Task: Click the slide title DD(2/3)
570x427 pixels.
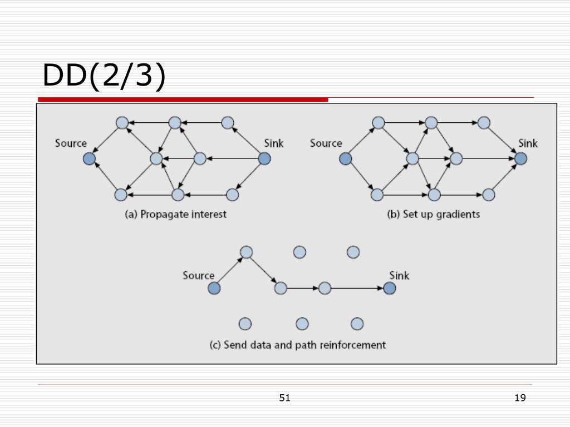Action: click(104, 75)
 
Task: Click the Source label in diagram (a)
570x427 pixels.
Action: click(71, 143)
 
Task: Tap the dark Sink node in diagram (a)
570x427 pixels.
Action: click(264, 158)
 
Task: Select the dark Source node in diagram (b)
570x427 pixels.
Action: click(345, 158)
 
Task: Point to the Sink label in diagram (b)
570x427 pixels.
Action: click(528, 143)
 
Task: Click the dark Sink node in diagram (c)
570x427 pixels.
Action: click(390, 289)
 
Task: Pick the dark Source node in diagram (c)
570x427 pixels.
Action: click(214, 289)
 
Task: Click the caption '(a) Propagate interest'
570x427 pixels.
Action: click(175, 214)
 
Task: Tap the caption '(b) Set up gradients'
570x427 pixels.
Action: click(433, 214)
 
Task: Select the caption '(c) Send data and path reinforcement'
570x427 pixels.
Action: click(297, 345)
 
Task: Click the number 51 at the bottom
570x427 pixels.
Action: click(284, 398)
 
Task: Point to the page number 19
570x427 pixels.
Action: click(520, 398)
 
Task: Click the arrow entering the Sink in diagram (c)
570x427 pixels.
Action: click(357, 289)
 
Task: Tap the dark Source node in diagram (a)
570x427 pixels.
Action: click(90, 158)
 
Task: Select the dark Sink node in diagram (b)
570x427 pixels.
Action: click(520, 158)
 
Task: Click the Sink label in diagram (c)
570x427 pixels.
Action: click(399, 276)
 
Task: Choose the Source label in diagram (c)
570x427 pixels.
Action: click(199, 276)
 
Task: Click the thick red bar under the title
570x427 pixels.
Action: click(183, 100)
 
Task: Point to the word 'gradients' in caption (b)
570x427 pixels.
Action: click(458, 215)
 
